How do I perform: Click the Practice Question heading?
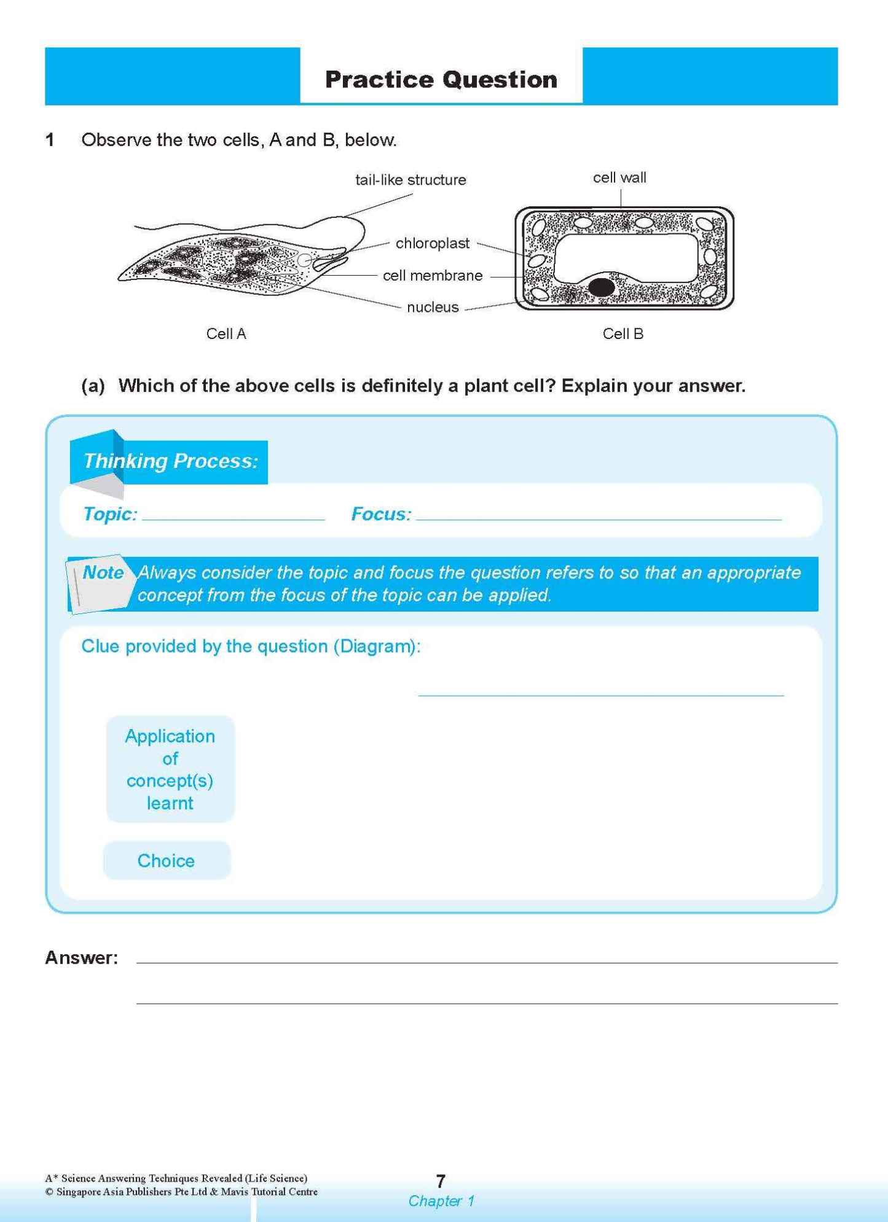point(441,80)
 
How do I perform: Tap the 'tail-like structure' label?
point(411,180)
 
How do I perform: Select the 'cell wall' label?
point(619,177)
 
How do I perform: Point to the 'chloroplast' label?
point(432,243)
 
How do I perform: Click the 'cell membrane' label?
point(432,276)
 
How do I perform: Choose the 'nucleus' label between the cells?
point(432,308)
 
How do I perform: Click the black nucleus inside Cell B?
point(601,287)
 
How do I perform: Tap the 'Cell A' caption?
point(226,334)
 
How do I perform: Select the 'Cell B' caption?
point(623,334)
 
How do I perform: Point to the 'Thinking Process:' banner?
point(170,461)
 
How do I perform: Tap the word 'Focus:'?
point(381,514)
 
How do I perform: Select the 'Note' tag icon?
point(100,583)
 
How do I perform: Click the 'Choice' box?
point(166,861)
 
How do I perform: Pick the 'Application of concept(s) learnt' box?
point(170,769)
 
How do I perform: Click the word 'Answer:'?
point(82,958)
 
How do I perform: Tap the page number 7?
point(441,1181)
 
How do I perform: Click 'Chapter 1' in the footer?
point(441,1201)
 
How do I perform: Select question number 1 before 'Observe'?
point(50,140)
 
